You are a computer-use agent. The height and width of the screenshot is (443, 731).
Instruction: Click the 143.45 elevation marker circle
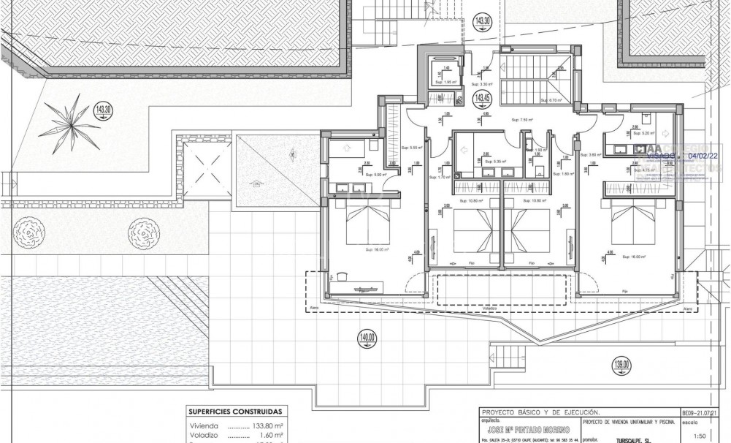(x=481, y=99)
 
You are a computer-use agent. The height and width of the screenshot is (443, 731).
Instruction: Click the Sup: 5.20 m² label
(x=643, y=133)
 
